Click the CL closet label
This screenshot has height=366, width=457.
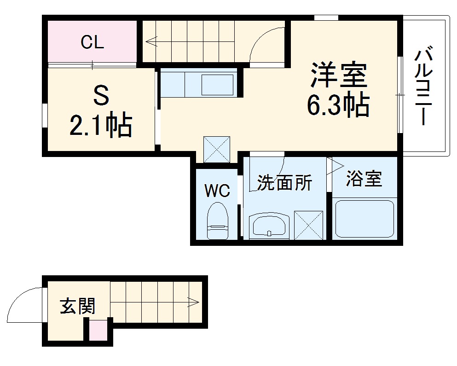[93, 42]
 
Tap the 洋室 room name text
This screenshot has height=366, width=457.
[339, 76]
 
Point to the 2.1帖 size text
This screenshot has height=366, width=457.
[101, 125]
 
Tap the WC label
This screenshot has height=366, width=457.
[217, 191]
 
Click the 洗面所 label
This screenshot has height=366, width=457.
[284, 183]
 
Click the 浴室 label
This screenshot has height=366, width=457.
[364, 179]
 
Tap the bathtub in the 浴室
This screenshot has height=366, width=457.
[364, 218]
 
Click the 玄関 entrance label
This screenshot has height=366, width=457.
[77, 306]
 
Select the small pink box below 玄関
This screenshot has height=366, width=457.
[97, 331]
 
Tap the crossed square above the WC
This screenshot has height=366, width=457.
[216, 148]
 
